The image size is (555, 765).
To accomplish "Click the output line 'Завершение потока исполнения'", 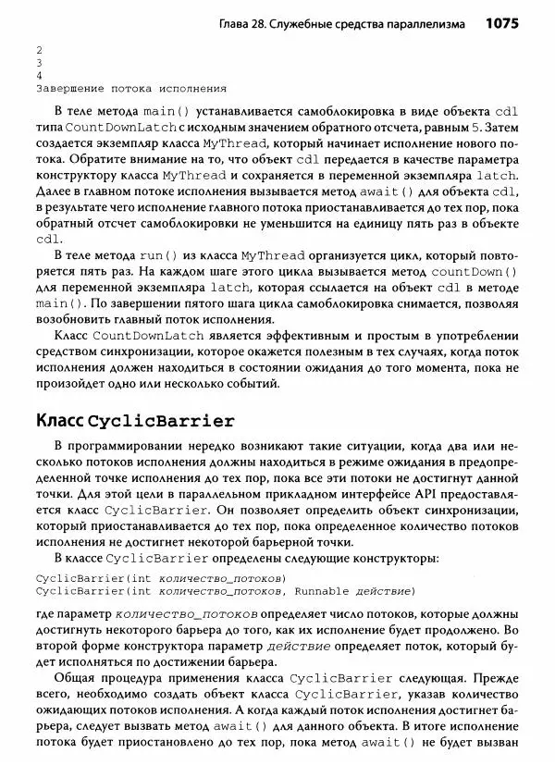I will (129, 89).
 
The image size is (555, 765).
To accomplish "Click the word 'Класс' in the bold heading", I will (62, 421).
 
